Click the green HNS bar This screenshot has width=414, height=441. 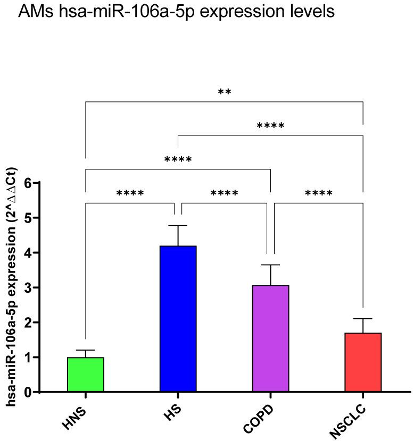coord(86,375)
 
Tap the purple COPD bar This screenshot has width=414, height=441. coord(270,338)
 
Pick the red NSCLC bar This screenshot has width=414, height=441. coord(363,362)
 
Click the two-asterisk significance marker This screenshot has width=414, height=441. coord(224,92)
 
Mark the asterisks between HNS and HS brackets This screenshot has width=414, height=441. coord(130,193)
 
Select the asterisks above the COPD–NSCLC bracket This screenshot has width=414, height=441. coord(319,193)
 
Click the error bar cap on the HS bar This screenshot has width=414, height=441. coord(178,225)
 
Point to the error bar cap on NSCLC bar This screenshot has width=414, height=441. coord(363,319)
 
